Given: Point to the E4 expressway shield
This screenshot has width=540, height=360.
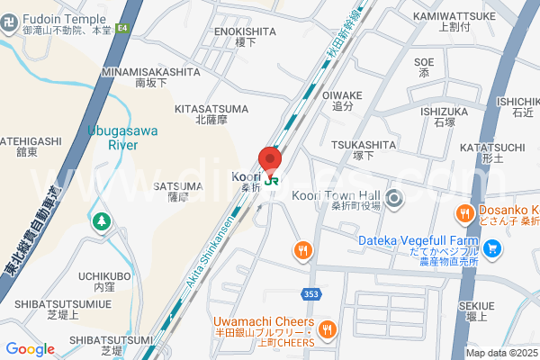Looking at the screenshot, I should (123, 29).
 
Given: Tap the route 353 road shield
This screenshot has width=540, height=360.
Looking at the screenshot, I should (309, 294).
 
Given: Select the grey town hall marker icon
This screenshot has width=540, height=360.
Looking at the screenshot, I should (393, 198).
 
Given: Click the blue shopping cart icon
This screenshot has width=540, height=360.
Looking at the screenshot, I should (491, 247).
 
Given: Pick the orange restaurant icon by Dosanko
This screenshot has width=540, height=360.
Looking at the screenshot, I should (463, 214).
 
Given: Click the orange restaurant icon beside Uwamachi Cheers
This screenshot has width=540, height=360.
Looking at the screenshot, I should (327, 329).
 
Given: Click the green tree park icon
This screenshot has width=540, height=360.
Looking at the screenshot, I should (101, 220).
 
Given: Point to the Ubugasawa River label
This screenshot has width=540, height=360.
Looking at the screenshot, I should (123, 137).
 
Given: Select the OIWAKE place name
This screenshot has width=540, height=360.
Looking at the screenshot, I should (342, 94).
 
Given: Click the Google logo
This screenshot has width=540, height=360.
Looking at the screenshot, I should (30, 349).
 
